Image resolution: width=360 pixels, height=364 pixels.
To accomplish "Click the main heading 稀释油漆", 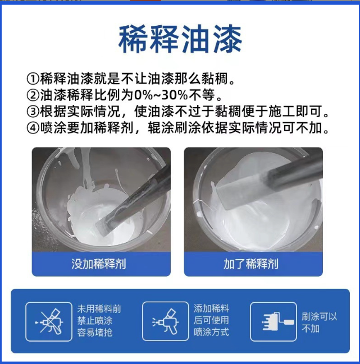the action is tap(180, 39).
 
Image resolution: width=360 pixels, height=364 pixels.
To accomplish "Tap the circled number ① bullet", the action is tap(33, 79).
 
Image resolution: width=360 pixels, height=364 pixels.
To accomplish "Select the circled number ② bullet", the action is tap(33, 95).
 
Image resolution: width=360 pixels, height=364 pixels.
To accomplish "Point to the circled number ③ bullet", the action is tap(33, 112).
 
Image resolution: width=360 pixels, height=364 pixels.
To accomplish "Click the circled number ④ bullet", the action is tap(33, 128).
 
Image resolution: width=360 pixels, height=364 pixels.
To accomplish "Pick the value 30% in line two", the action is tap(174, 95).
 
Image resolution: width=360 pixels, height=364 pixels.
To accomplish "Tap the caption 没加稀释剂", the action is tap(99, 264).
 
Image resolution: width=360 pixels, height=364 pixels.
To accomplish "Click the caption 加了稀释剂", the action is tap(251, 264).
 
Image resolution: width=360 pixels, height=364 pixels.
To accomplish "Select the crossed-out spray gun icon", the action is tap(49, 322).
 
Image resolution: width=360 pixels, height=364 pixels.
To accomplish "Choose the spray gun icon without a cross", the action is tap(166, 321).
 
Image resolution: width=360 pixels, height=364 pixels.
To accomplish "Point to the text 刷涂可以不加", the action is tap(320, 322).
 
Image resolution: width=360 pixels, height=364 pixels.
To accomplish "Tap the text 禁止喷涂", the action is tap(95, 321).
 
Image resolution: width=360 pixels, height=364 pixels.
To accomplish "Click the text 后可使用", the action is tap(212, 320).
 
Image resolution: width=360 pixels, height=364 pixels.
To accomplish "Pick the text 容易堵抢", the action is tap(95, 333).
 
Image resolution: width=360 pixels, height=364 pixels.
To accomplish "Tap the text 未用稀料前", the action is tap(99, 309).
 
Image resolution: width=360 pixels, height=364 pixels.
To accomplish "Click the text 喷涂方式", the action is tap(212, 332).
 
